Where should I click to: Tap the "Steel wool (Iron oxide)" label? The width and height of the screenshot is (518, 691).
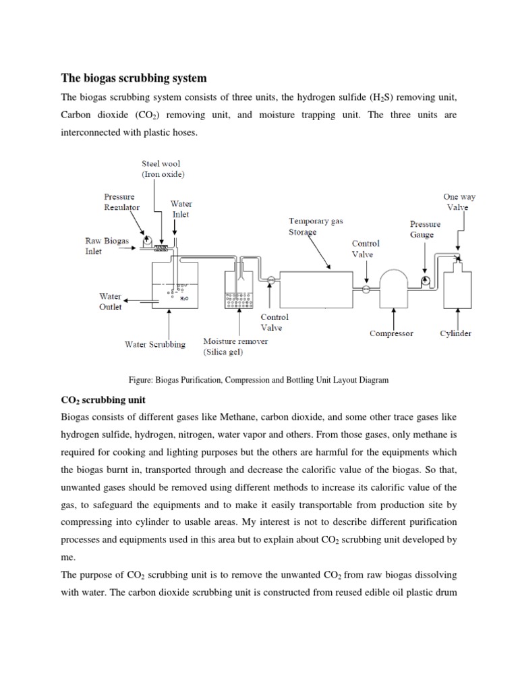pos(161,168)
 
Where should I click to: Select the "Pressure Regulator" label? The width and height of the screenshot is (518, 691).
pos(121,202)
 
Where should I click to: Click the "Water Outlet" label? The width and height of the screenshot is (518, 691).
pos(110,301)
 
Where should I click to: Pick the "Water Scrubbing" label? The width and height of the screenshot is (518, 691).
pos(154,344)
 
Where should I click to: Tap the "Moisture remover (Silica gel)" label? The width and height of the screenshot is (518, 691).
pos(235,346)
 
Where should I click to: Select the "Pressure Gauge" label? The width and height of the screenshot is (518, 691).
pos(425,229)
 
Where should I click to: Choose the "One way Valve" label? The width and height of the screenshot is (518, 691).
pos(459,202)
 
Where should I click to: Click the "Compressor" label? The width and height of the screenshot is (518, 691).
pos(391,333)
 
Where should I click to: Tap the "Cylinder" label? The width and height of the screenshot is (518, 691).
pos(456,333)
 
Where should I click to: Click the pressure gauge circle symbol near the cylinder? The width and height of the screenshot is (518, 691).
pos(425,279)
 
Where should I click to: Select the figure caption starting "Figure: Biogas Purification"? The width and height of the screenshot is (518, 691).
pos(258,380)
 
